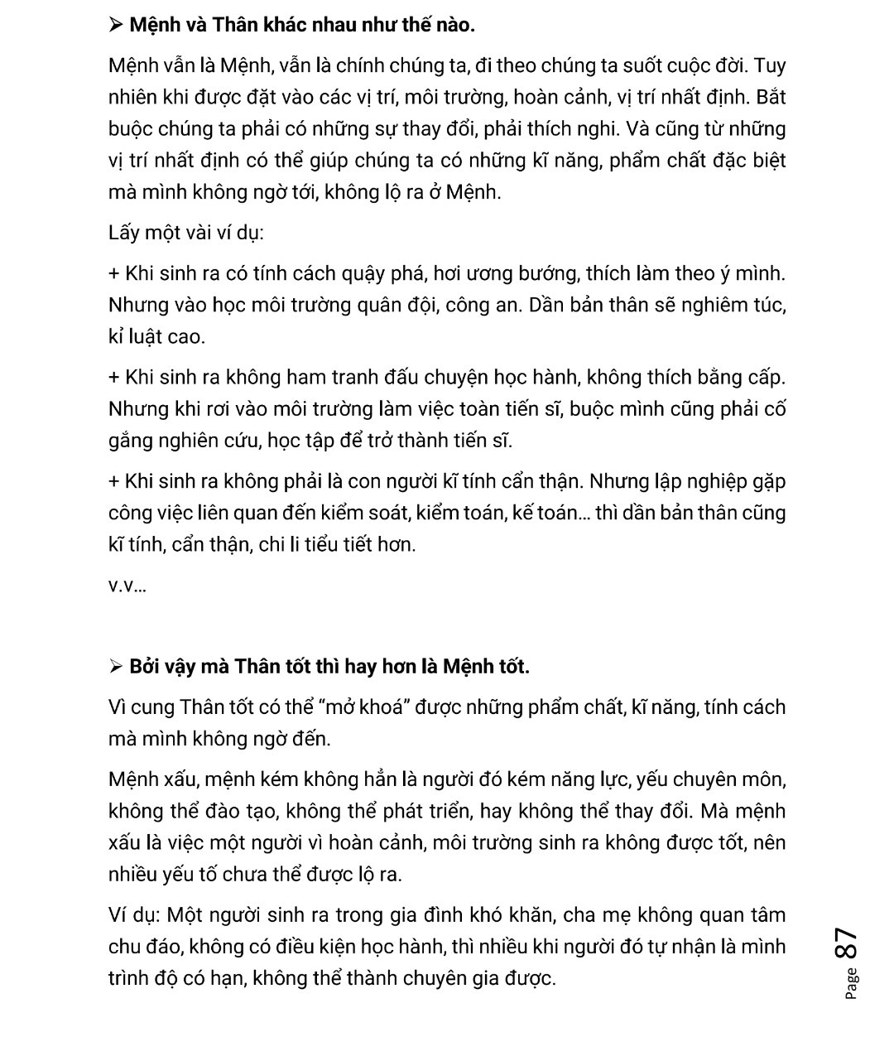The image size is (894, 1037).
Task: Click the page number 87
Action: coord(845,943)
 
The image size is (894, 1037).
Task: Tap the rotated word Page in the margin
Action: coord(852,984)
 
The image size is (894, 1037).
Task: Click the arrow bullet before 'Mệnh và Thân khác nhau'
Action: coord(116,26)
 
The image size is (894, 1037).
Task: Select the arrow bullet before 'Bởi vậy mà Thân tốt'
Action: coord(116,667)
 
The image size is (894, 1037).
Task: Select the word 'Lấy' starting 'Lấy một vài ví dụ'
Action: coord(124,232)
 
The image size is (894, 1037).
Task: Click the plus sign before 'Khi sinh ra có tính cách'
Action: coord(114,273)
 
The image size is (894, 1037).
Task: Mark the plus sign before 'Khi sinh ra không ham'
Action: coord(114,378)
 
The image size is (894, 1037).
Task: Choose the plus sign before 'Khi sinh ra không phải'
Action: coord(114,481)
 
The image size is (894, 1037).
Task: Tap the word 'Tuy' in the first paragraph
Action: coord(770,65)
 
